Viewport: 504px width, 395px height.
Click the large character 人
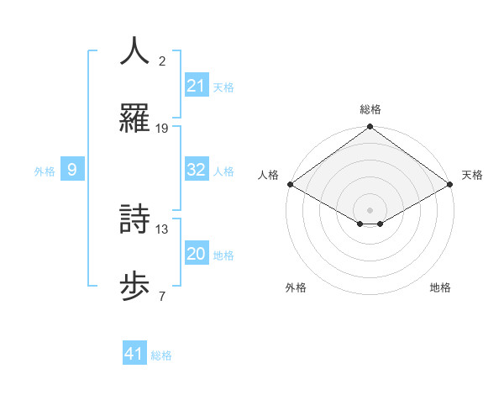[x=135, y=50]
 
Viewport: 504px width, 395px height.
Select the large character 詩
[x=135, y=219]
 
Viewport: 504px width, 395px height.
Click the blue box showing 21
[x=196, y=86]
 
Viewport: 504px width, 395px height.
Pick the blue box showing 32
[x=196, y=170]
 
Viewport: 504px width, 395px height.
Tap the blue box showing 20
[x=196, y=254]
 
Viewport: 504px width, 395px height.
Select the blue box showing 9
[x=72, y=170]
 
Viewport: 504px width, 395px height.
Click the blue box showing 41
[x=134, y=354]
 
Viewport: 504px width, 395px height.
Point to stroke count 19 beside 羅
[x=162, y=129]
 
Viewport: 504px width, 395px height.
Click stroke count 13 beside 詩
[x=162, y=229]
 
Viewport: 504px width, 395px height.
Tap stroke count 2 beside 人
[x=162, y=61]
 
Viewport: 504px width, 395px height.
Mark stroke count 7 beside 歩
[x=162, y=296]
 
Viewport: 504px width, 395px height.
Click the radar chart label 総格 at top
[x=370, y=109]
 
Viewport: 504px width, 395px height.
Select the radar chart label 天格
[x=472, y=175]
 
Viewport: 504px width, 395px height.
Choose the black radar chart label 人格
[x=268, y=175]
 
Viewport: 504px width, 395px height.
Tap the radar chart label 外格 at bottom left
[x=296, y=287]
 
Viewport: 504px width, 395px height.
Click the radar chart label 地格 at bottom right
[x=440, y=287]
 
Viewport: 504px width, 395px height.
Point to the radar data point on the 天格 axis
[x=451, y=184]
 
